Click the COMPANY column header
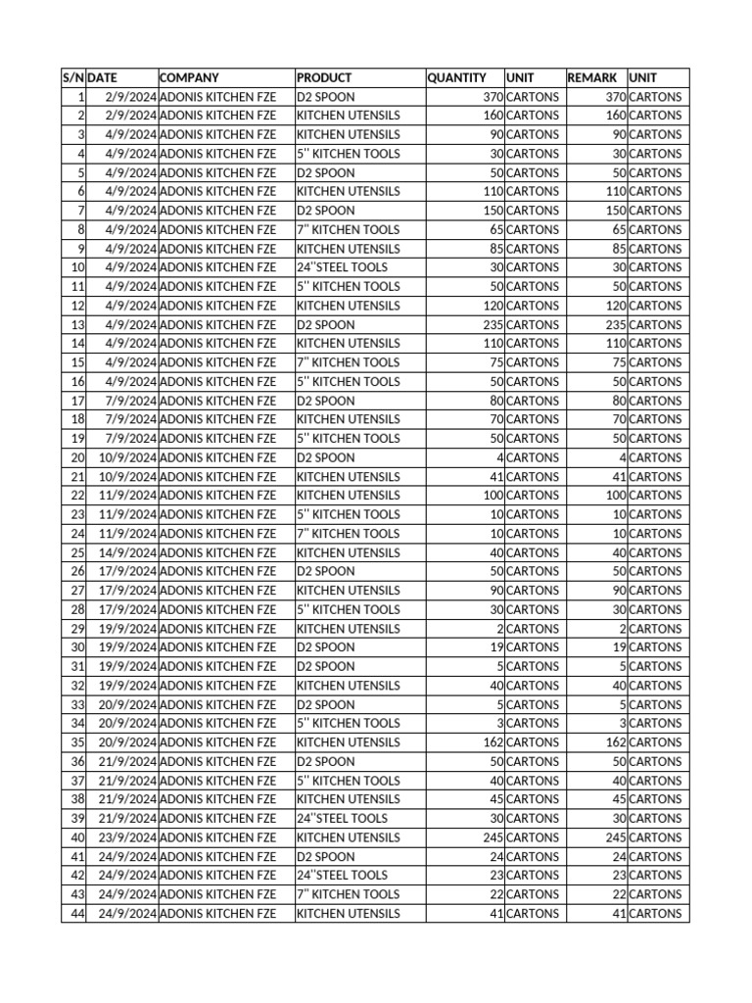coord(189,77)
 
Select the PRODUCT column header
coord(324,77)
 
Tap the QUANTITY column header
coord(456,77)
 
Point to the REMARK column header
coord(592,77)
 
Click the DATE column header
coord(103,77)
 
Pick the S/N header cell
coord(73,77)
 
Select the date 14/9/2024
coord(127,552)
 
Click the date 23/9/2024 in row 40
coord(127,837)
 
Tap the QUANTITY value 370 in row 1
coord(493,97)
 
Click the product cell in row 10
coord(342,267)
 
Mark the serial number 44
coord(77,914)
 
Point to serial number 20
coord(77,457)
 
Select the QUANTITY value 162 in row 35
coord(493,742)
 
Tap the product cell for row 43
coord(348,894)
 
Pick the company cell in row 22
coord(217,496)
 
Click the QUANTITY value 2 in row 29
coord(499,629)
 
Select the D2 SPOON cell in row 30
coord(326,647)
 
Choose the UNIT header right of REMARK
coord(643,77)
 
